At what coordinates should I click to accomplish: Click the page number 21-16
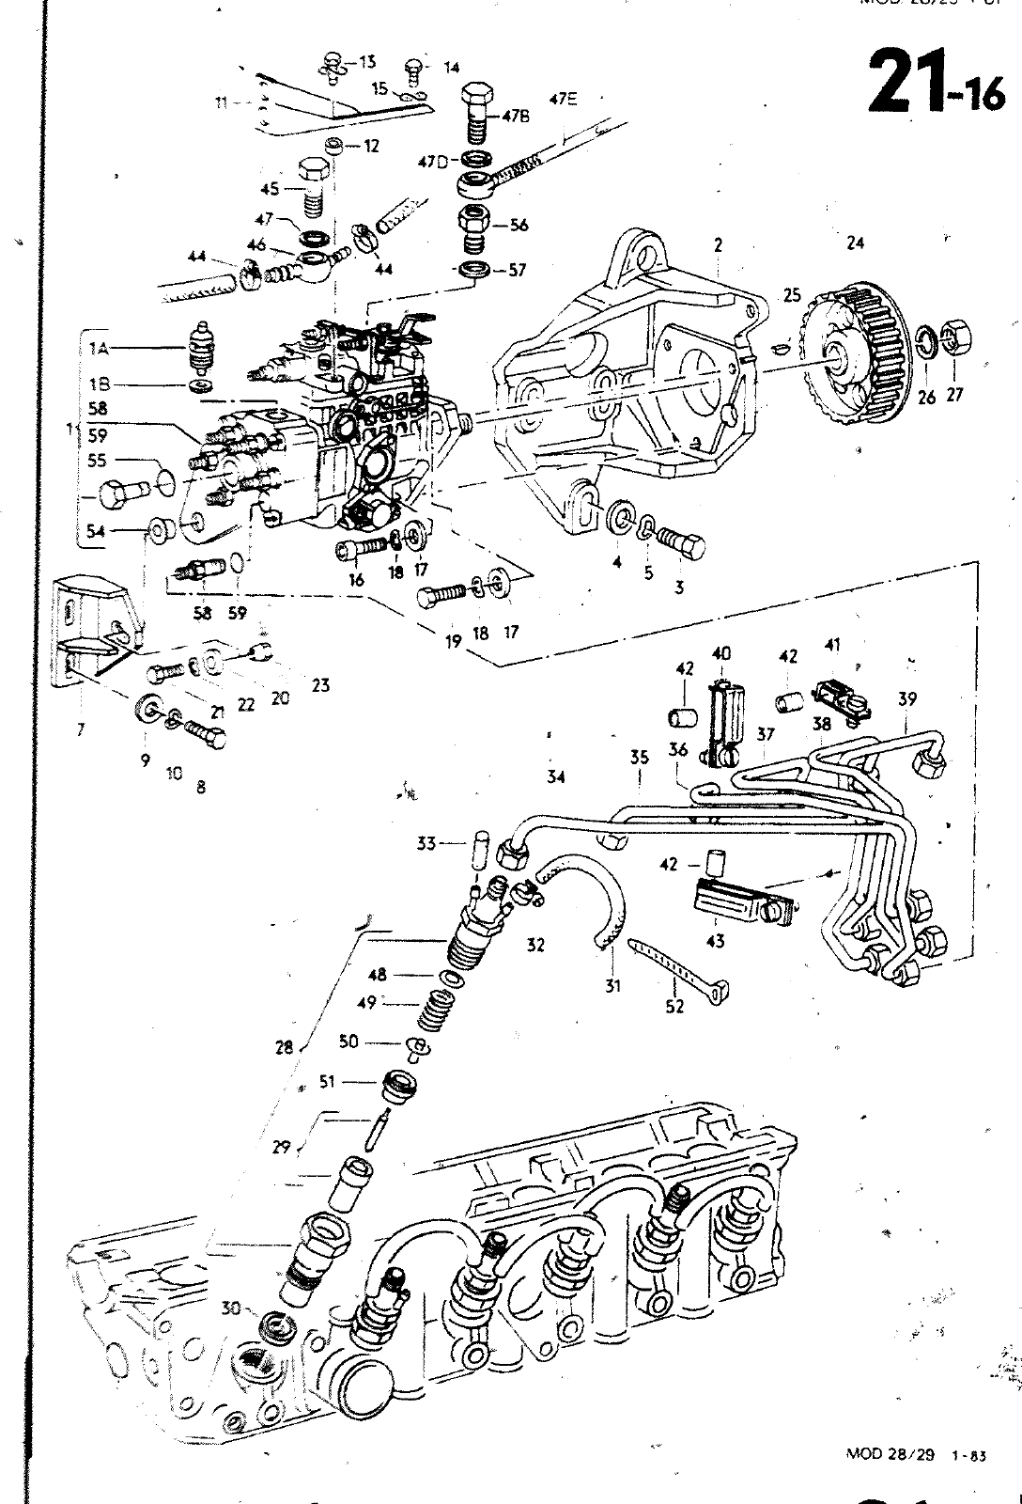coord(934,83)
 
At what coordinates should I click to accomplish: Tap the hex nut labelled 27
coord(956,337)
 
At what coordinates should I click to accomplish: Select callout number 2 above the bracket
coord(718,245)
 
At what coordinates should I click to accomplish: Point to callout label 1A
coord(99,348)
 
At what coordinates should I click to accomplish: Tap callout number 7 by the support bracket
coord(81,728)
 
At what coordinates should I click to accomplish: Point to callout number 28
coord(284,1046)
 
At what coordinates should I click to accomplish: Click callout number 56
coord(519,226)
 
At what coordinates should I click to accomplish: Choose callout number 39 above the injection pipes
coord(906,698)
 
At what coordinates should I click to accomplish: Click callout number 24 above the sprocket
coord(854,243)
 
